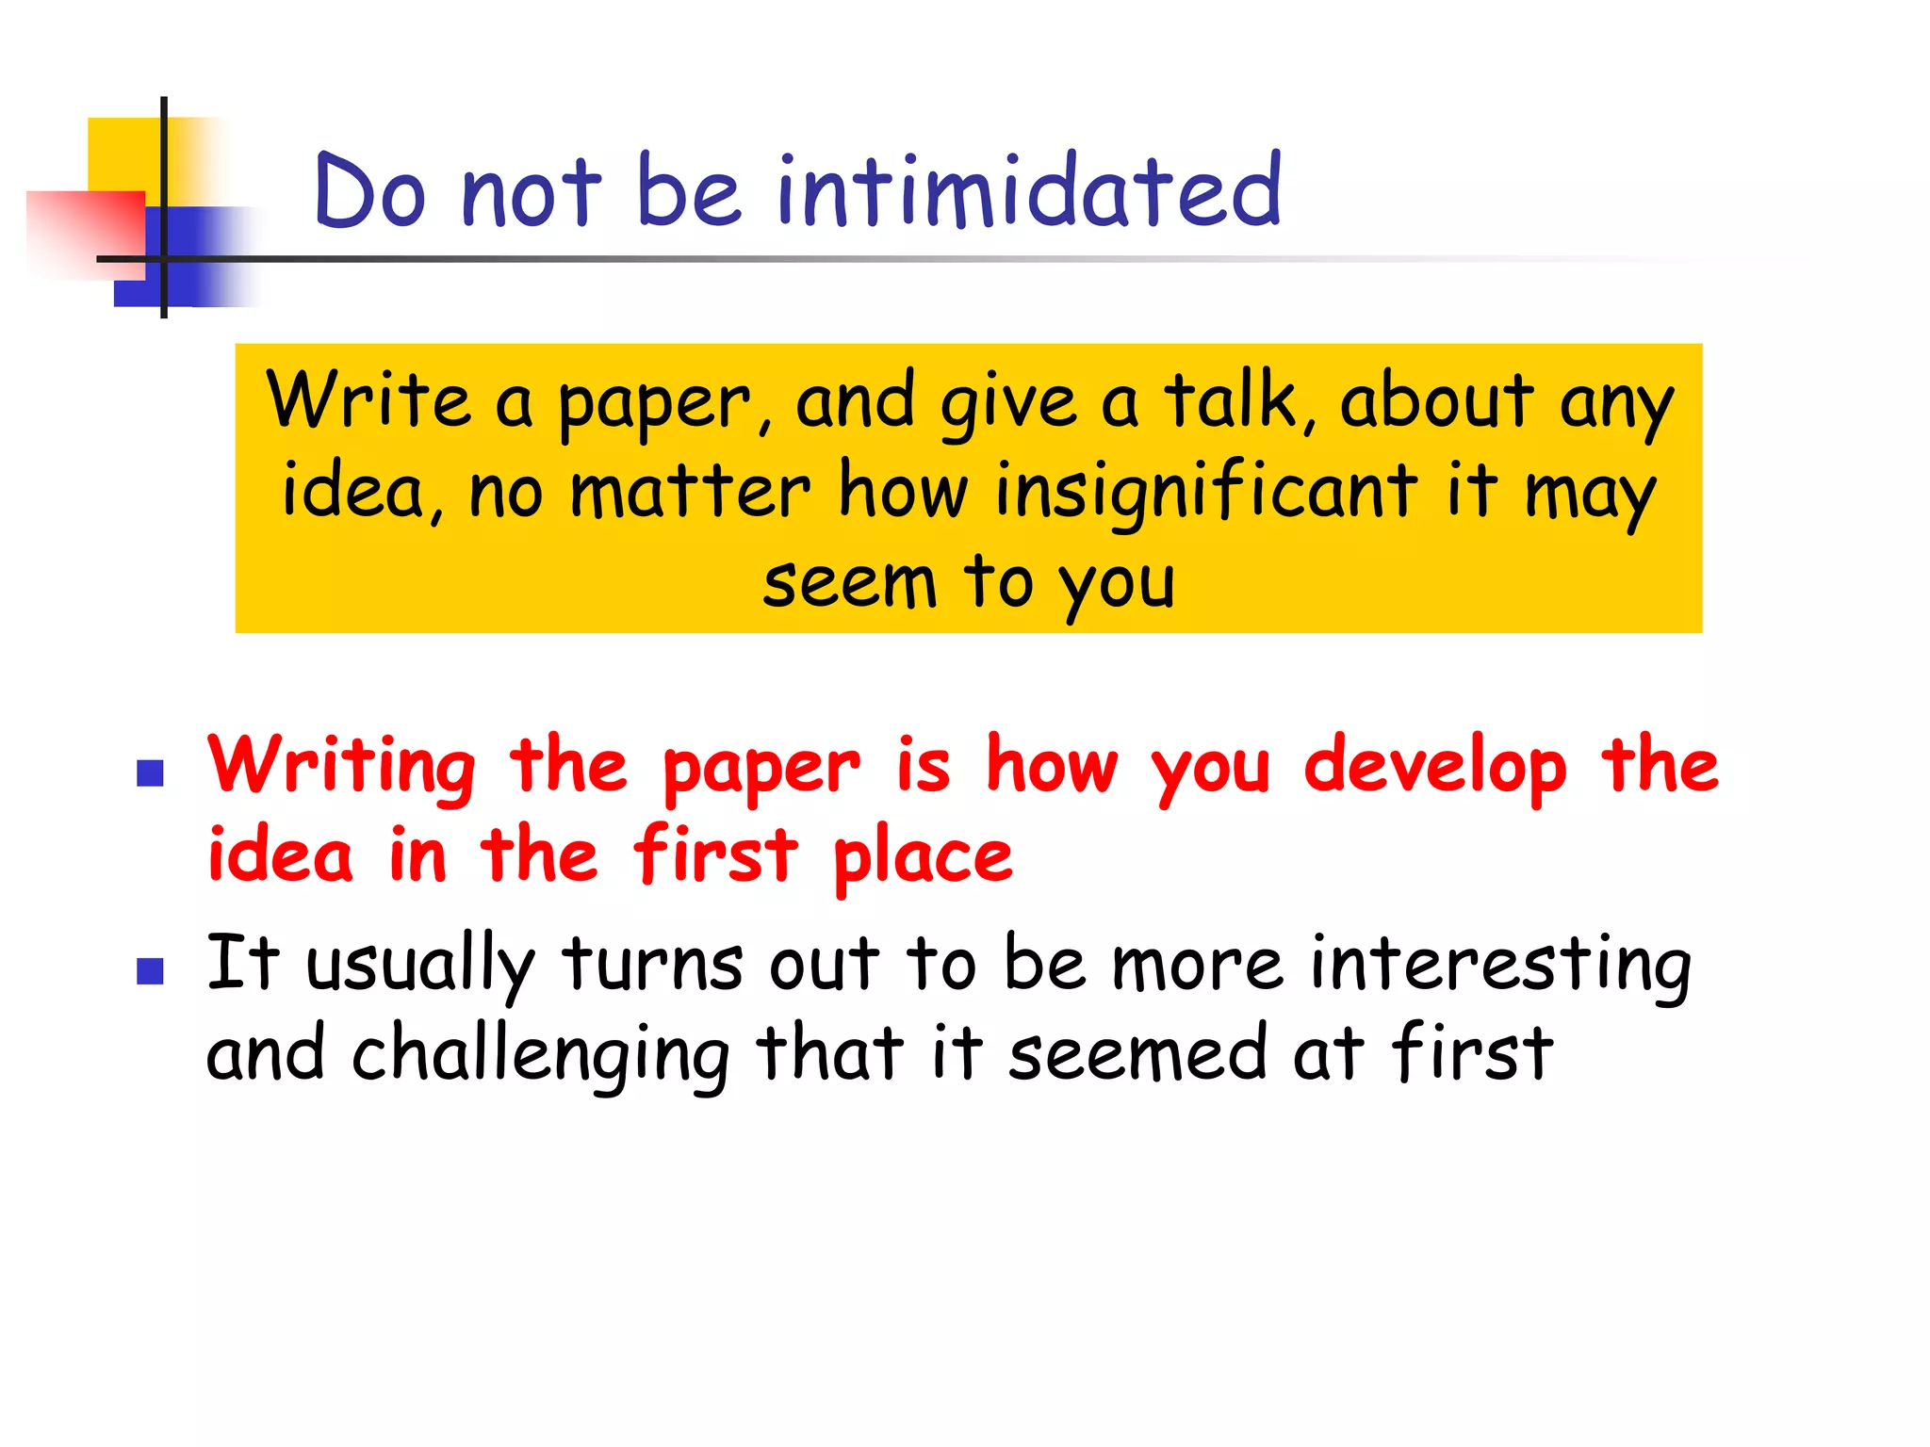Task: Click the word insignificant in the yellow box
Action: coord(1206,492)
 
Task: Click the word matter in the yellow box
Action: coord(690,492)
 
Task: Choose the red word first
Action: coord(716,854)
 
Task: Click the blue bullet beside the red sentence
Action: coord(151,773)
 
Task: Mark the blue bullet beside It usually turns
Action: coord(151,971)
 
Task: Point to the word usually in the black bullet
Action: coord(420,965)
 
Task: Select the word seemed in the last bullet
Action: coord(1137,1053)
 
